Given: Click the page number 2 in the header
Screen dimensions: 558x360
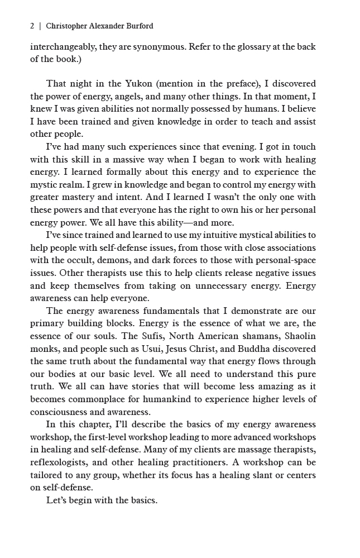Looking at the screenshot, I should coord(32,26).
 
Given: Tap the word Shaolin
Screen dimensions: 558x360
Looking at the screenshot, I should coord(300,323).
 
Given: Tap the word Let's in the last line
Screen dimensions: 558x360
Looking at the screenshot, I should coord(57,500).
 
